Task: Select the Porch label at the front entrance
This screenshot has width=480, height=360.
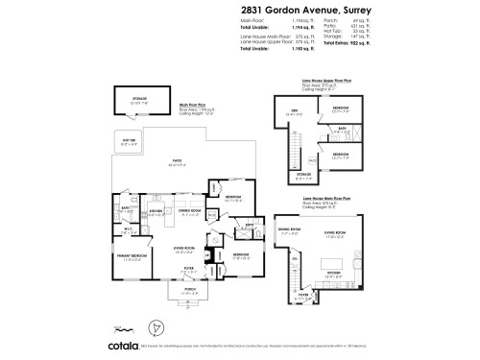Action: click(182, 292)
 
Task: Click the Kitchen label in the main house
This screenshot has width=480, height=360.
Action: click(157, 211)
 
